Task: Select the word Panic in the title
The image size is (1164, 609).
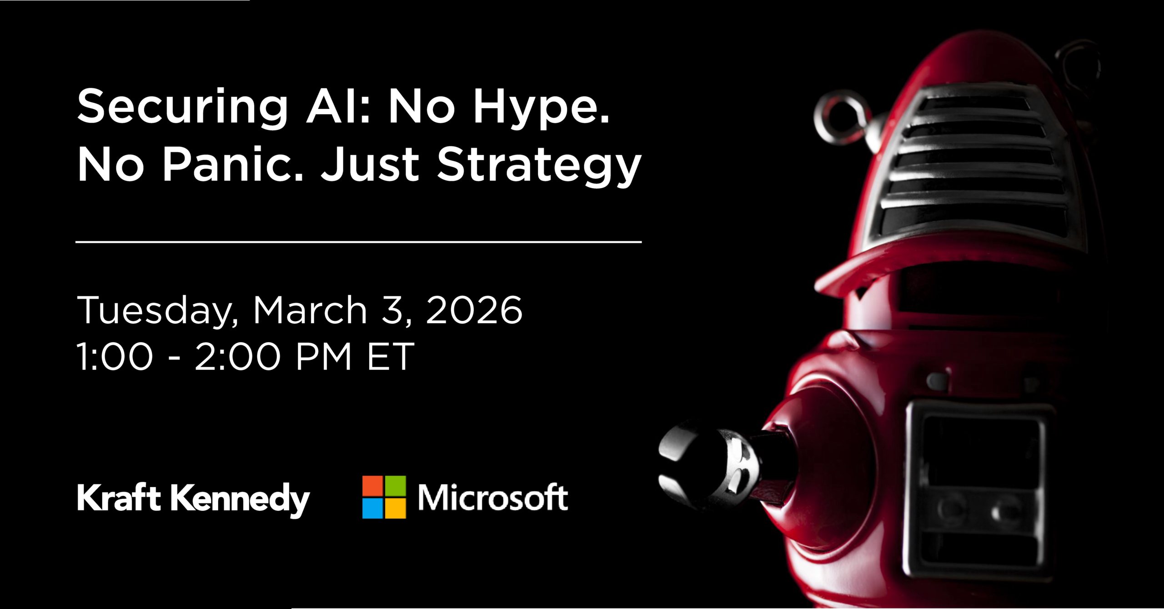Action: pyautogui.click(x=233, y=165)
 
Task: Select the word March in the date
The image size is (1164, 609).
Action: pyautogui.click(x=310, y=310)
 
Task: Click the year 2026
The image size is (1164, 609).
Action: pyautogui.click(x=474, y=310)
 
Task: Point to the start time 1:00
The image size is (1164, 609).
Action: pyautogui.click(x=115, y=357)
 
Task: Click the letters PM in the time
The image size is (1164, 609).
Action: pyautogui.click(x=324, y=357)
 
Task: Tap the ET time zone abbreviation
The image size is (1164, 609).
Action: pyautogui.click(x=391, y=357)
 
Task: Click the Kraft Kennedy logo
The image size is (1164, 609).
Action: pyautogui.click(x=193, y=499)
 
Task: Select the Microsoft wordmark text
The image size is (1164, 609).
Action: pyautogui.click(x=493, y=498)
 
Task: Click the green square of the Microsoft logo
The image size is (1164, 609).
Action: pyautogui.click(x=395, y=486)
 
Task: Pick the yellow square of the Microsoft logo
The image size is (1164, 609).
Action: pyautogui.click(x=395, y=509)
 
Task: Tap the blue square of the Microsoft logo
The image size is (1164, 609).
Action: pyautogui.click(x=372, y=509)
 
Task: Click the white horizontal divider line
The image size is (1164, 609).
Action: pyautogui.click(x=358, y=242)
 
